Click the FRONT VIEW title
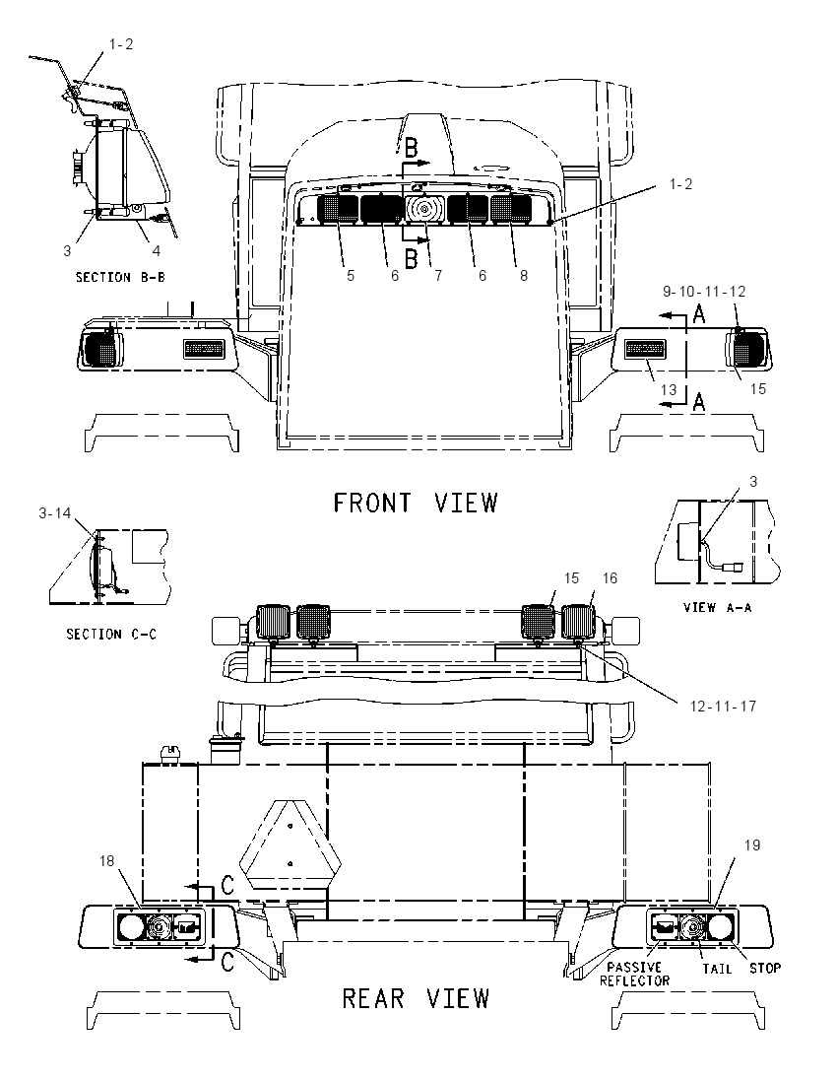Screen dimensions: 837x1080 pyautogui.click(x=416, y=503)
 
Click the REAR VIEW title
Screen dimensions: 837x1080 pyautogui.click(x=416, y=998)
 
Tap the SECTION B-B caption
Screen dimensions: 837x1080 pyautogui.click(x=120, y=278)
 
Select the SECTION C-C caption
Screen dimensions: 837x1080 pyautogui.click(x=111, y=634)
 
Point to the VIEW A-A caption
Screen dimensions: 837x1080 pyautogui.click(x=717, y=607)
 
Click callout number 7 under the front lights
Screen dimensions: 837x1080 pyautogui.click(x=438, y=276)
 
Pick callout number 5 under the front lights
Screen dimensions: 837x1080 pyautogui.click(x=351, y=276)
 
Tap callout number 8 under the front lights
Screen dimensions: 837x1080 pyautogui.click(x=524, y=276)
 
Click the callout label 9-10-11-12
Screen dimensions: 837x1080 pyautogui.click(x=704, y=292)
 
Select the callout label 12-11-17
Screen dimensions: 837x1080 pyautogui.click(x=723, y=706)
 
